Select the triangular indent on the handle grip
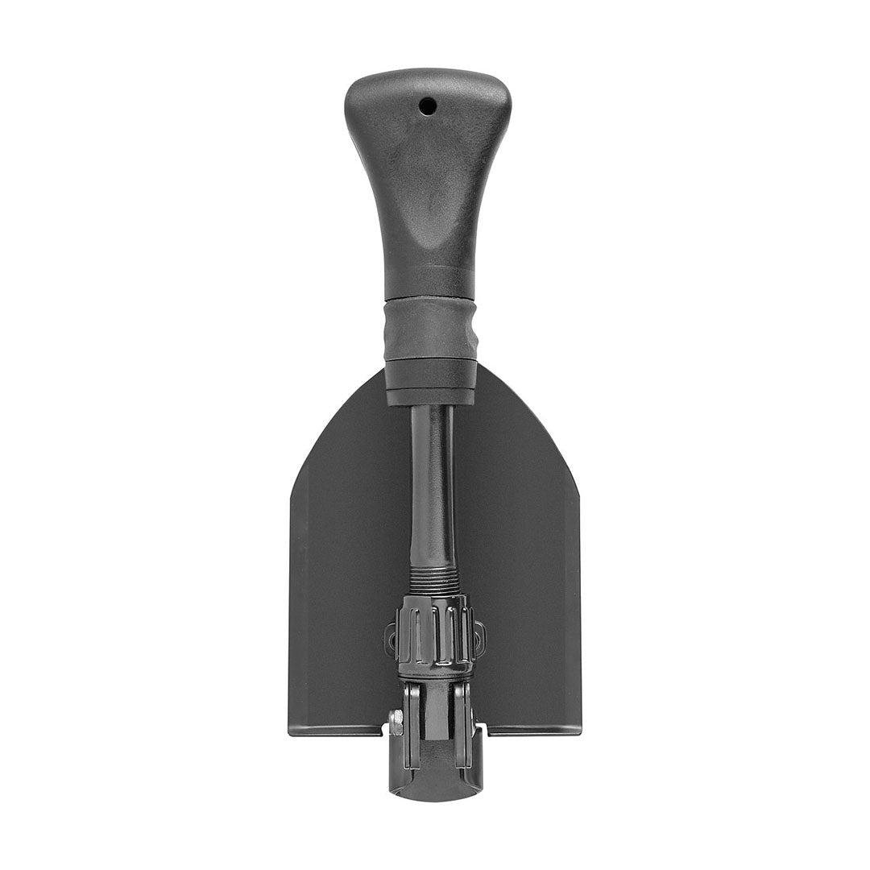pyautogui.click(x=430, y=217)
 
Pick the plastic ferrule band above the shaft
pyautogui.click(x=430, y=382)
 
